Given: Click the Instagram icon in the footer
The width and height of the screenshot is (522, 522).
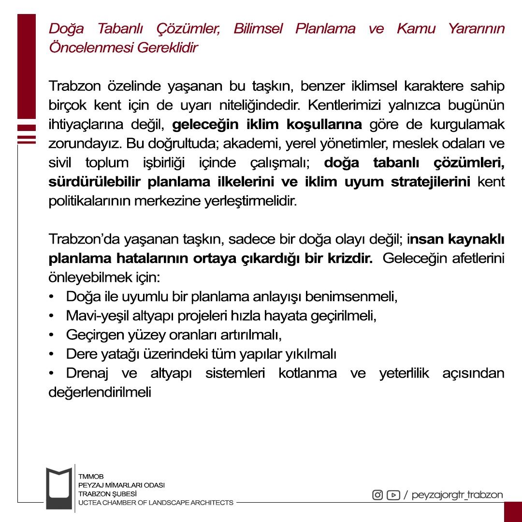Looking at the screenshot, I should tap(377, 495).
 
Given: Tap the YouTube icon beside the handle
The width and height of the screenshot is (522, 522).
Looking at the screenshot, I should tap(393, 495).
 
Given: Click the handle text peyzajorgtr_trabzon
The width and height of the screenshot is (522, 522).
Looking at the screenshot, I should tap(457, 495).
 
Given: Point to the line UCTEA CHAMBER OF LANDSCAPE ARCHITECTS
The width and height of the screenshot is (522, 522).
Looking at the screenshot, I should tap(156, 503).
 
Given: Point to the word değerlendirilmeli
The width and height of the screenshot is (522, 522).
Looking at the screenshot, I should tap(100, 392).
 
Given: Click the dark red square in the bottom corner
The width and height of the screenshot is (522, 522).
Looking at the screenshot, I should tap(513, 512).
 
